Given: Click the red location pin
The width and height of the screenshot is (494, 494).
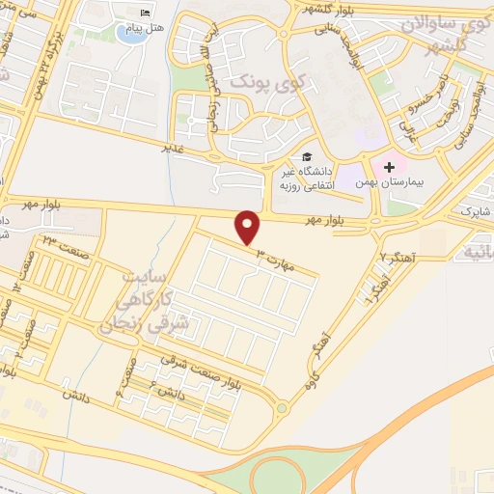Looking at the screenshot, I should click(249, 227).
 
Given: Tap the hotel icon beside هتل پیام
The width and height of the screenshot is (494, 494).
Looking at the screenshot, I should click(146, 13).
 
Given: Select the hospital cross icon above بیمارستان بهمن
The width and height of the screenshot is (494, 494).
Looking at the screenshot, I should click(389, 167).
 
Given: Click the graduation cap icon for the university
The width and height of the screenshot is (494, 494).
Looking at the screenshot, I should click(307, 156).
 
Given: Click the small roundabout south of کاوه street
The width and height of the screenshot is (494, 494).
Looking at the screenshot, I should click(281, 408).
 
